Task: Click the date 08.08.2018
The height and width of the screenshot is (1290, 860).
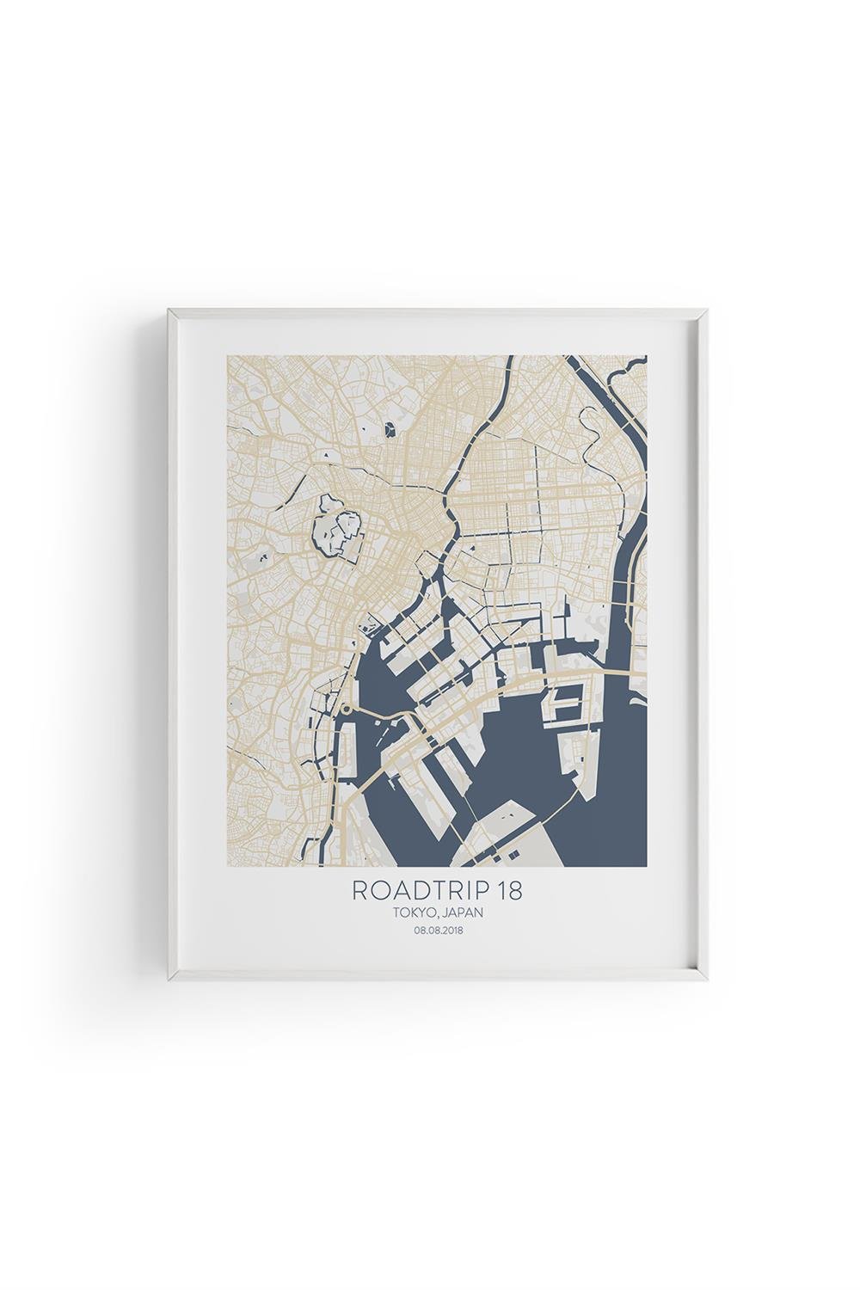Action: point(438,931)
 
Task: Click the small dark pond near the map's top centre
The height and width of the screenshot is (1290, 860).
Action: point(392,427)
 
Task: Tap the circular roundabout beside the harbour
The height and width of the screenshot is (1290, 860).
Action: point(346,709)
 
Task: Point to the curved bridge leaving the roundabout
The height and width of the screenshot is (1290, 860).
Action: point(378,713)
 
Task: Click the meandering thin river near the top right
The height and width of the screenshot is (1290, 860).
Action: point(593,430)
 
